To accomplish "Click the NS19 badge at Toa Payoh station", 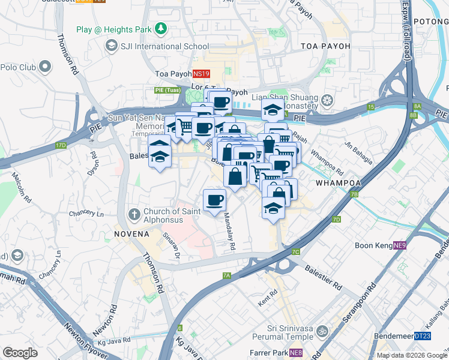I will (x=201, y=74).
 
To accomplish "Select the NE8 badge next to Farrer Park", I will (x=295, y=353).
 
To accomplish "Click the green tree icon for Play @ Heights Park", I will (x=160, y=29).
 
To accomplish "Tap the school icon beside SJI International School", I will (x=111, y=46).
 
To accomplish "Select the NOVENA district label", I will (x=132, y=233).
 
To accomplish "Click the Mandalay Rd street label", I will (x=229, y=232).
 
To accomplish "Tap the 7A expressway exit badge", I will (x=227, y=275).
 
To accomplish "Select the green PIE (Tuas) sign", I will (x=164, y=90).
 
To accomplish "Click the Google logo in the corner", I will (x=20, y=352).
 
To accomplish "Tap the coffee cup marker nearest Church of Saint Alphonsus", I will (x=214, y=200).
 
